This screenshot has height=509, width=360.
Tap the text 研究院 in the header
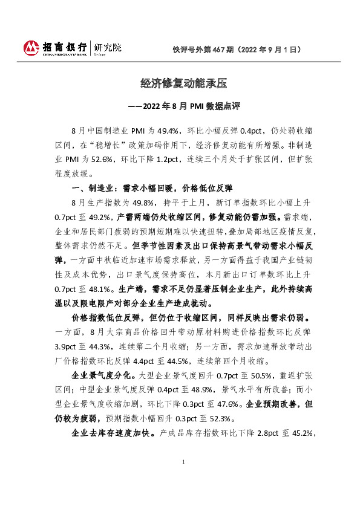coord(105,47)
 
